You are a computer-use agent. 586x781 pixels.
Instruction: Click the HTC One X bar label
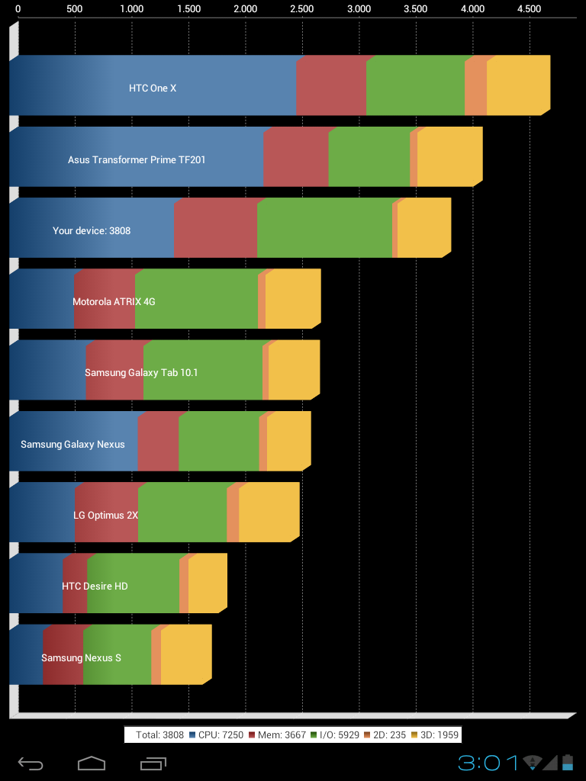click(153, 88)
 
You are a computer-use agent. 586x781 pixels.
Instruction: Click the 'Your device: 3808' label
click(92, 230)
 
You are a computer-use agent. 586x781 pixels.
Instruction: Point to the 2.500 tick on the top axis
click(302, 9)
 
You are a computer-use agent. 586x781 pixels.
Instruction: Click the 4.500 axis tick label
click(529, 9)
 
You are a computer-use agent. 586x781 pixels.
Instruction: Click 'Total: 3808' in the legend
click(159, 735)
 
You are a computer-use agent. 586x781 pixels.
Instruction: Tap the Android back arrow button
click(31, 763)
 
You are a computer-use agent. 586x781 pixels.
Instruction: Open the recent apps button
click(153, 763)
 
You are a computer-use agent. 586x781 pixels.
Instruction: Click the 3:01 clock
click(488, 762)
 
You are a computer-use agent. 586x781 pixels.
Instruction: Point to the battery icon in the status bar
click(567, 762)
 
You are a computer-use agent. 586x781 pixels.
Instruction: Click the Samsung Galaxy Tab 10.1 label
click(142, 373)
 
